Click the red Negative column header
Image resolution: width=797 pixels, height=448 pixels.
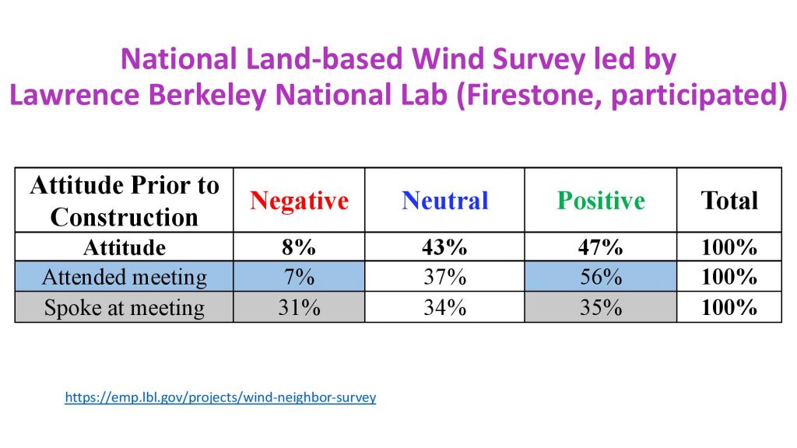[299, 201]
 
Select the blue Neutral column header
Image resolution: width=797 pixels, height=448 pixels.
[445, 201]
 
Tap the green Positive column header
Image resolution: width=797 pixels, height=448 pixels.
[601, 201]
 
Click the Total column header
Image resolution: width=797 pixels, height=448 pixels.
[729, 201]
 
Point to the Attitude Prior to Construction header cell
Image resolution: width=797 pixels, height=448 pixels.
[124, 201]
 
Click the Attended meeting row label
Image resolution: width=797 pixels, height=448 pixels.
[124, 277]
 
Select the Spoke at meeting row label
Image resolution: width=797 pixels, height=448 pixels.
[124, 307]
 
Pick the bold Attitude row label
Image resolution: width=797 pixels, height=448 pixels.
[124, 247]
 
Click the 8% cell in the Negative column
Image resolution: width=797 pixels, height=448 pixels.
[299, 247]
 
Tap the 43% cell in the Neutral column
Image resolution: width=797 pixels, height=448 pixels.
[445, 247]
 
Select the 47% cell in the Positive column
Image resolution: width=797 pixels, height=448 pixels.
[601, 247]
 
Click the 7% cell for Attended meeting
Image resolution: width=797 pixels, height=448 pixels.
[299, 277]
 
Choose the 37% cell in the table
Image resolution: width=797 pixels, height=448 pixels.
[445, 277]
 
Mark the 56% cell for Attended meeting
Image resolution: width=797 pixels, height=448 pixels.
[601, 277]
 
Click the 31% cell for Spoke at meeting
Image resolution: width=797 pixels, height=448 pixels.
[299, 307]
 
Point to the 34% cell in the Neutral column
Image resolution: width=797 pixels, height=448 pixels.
[445, 307]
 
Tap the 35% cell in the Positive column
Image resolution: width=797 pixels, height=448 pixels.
[601, 307]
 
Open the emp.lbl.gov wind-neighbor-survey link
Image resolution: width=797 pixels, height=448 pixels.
[220, 397]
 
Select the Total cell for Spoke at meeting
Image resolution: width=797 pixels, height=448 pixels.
[729, 307]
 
